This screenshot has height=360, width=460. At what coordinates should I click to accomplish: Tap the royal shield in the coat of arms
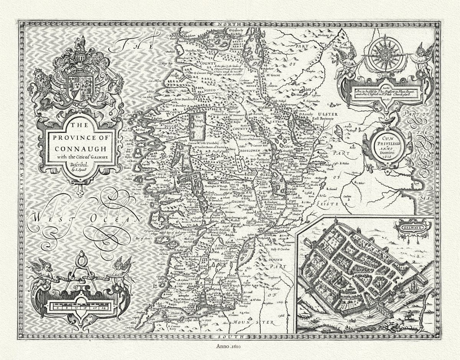80,85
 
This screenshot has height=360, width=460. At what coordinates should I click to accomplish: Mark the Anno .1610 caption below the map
230,346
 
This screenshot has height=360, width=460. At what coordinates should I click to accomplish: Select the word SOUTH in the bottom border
229,336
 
